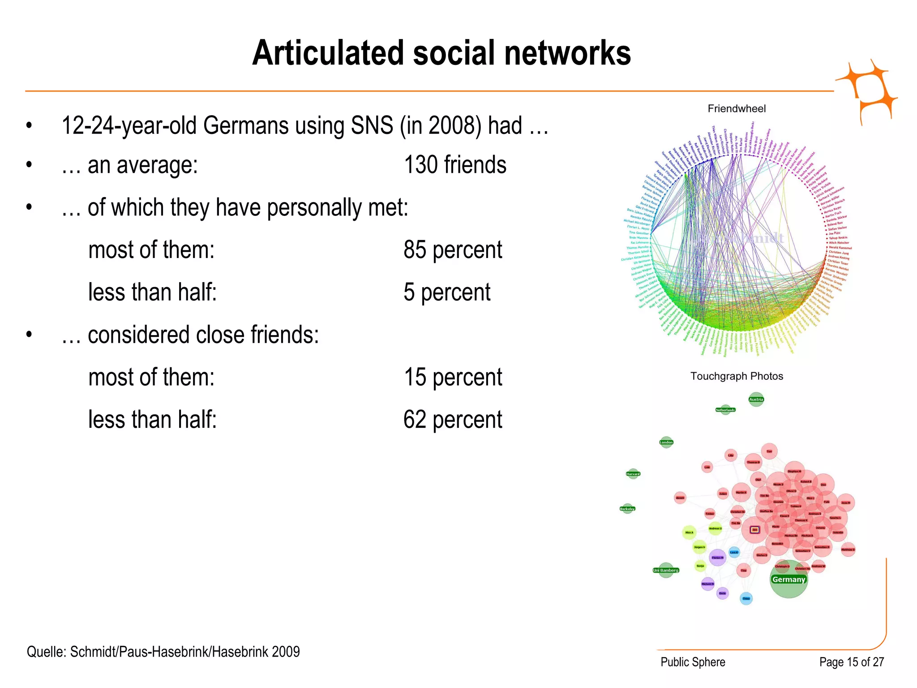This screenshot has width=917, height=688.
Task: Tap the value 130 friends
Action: tap(454, 165)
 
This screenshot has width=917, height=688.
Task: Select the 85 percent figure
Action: tap(452, 250)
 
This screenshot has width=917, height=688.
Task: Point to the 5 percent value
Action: tap(446, 292)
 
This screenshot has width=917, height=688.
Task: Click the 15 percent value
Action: tap(452, 377)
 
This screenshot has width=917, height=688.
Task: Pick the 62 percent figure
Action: tap(452, 420)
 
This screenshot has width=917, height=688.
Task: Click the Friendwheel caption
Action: tap(737, 108)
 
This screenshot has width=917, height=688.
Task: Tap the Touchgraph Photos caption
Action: tap(737, 376)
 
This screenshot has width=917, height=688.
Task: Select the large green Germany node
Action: tap(788, 580)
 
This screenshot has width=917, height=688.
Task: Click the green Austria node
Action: tap(756, 399)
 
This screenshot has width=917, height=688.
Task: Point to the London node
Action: tap(666, 442)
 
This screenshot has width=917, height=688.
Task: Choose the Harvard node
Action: tap(633, 473)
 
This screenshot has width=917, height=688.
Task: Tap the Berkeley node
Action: tap(627, 508)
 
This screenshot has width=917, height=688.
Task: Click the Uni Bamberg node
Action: tap(666, 570)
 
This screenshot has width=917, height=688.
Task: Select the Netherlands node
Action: tap(725, 409)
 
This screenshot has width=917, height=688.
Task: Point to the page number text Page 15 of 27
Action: tap(851, 662)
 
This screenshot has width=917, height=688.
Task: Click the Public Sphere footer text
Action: tap(693, 662)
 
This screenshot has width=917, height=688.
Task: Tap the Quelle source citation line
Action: tap(163, 652)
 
